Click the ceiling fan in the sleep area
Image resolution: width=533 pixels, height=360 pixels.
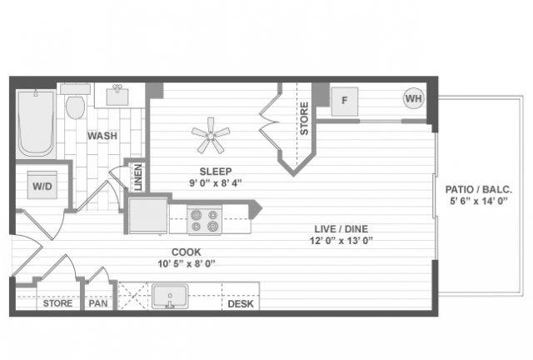pos(211,136)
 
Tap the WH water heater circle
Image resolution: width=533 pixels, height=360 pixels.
pos(414,98)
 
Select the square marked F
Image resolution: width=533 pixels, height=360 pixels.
pos(344,101)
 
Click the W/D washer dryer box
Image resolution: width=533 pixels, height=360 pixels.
pos(42,186)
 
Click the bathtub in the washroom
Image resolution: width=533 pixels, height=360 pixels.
pos(35,123)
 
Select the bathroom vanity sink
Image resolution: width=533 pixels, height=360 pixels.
pos(117,95)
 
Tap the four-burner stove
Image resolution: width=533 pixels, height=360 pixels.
pos(204,221)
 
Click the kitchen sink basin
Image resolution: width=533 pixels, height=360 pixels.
pos(170,296)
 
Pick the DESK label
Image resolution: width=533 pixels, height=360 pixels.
pos(241,304)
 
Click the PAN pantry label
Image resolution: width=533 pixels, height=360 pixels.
pos(98,303)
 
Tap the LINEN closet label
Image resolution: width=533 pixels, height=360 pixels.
pos(137,177)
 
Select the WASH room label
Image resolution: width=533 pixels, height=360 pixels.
pos(102,136)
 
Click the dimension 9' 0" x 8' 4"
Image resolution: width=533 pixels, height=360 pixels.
pos(215,183)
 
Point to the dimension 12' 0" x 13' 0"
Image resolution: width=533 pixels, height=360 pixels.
pos(341,241)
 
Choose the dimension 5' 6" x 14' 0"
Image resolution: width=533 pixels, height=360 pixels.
pos(479,201)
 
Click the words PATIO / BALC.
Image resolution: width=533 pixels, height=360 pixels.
pos(479,189)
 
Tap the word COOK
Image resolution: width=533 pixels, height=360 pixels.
pos(187,252)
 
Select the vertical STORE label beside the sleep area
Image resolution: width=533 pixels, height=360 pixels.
pos(304,118)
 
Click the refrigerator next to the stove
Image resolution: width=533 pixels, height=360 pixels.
pos(148,216)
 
